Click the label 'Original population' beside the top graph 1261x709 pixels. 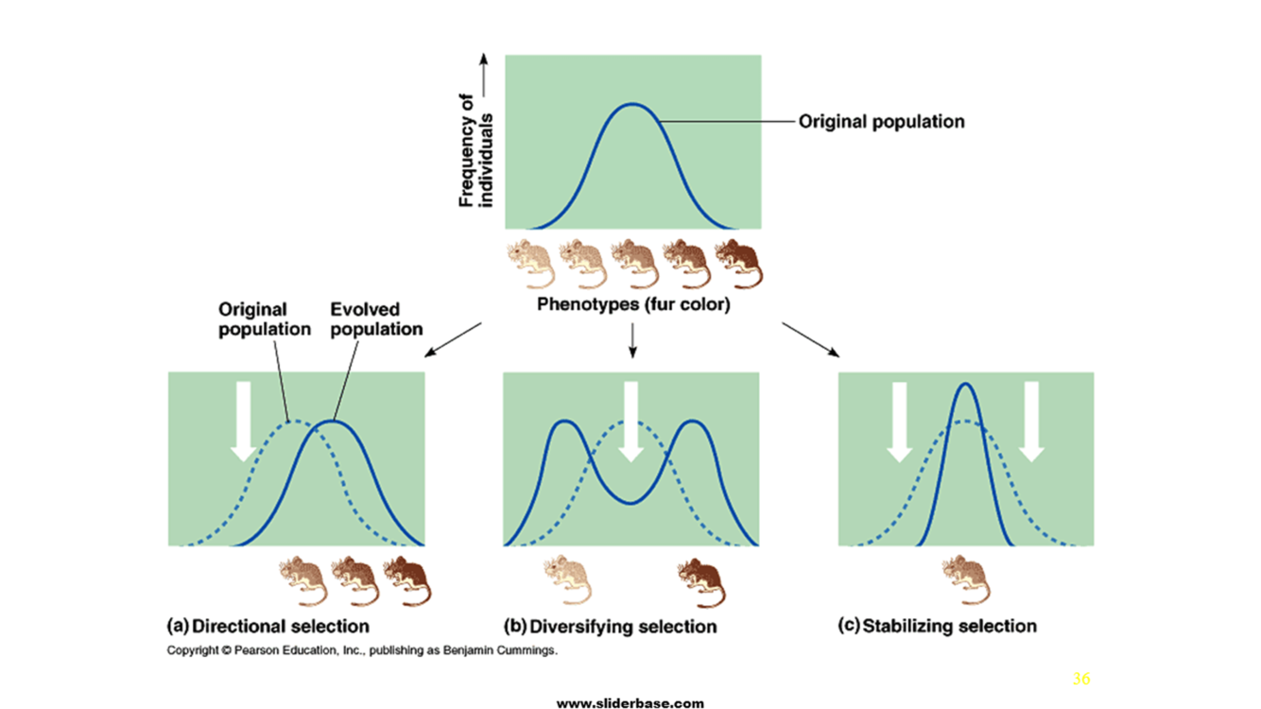point(881,122)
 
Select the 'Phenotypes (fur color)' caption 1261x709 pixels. point(633,305)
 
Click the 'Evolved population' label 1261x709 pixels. point(376,320)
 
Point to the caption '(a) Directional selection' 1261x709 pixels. point(268,626)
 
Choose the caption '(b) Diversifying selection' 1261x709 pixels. point(611,627)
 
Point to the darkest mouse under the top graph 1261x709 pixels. point(738,263)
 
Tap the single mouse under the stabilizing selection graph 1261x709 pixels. point(967,579)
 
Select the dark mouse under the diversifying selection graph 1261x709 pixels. point(700,580)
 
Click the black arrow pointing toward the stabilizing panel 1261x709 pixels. point(810,339)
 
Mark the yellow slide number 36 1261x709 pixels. point(1081,679)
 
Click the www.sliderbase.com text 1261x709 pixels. point(630,702)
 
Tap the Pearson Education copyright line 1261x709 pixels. point(362,650)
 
